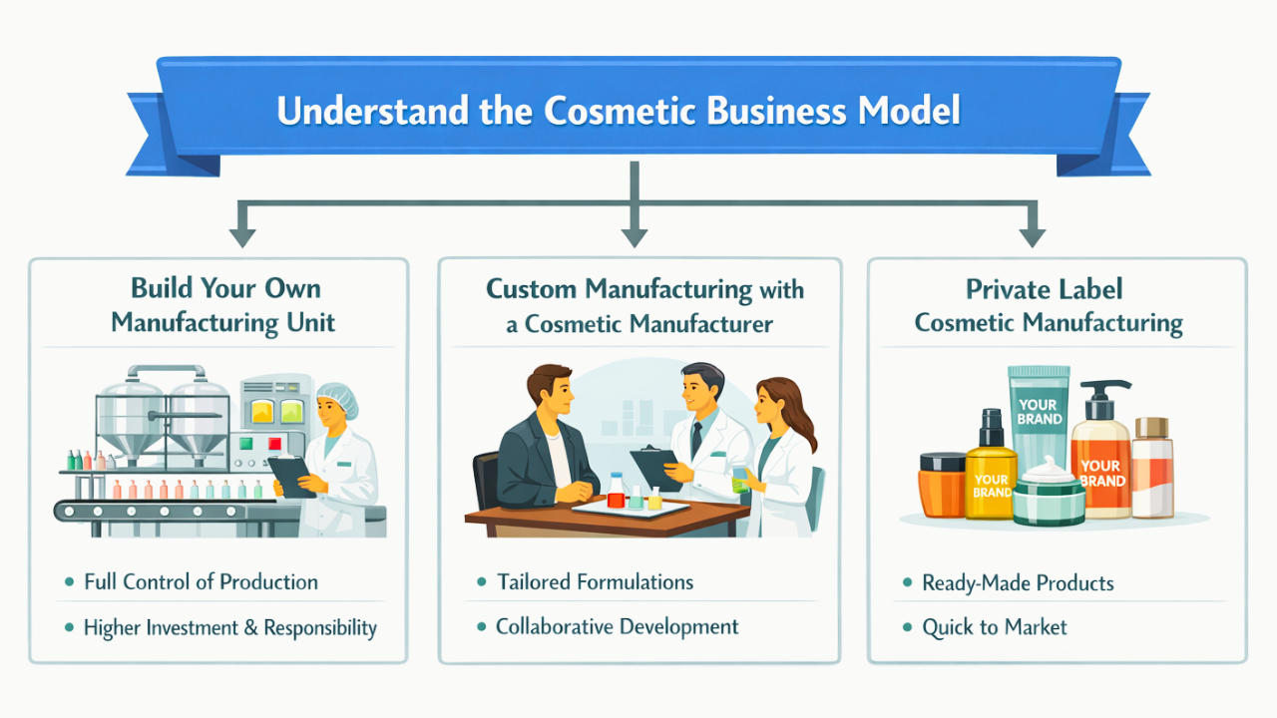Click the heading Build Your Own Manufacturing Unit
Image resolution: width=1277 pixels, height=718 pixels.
(222, 305)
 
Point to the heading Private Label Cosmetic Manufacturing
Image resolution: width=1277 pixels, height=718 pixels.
(1048, 305)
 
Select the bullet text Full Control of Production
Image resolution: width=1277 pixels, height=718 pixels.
(201, 582)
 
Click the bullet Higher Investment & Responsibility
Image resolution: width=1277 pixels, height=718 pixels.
(229, 627)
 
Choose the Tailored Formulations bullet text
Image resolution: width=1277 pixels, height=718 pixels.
(595, 582)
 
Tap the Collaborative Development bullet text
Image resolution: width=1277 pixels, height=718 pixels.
(617, 627)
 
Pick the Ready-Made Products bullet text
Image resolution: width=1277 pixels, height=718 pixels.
(1018, 583)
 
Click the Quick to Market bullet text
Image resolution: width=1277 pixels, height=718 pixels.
(994, 627)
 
